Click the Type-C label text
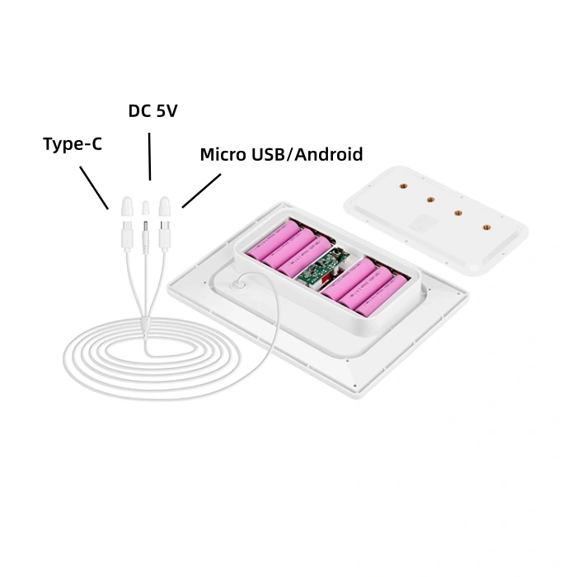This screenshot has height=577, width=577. coord(73,144)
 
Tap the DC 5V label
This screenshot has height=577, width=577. coord(152,110)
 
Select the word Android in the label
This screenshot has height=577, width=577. coord(329,154)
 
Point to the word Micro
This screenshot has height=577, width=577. coord(223,155)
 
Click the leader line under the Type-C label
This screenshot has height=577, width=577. coord(94,188)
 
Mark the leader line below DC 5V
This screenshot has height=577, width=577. coord(150,157)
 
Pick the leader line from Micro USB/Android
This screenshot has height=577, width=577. coord(201,190)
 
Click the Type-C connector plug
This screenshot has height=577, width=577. coord(127,236)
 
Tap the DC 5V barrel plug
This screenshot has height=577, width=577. coord(146,237)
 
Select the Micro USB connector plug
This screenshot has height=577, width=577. coord(165,236)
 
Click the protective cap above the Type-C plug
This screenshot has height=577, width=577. coord(127,206)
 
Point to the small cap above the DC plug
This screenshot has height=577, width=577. coord(146,208)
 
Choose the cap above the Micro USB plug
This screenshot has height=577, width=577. coord(164,206)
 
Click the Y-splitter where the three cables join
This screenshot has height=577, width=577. coord(145,326)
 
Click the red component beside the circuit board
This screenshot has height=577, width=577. coord(325,281)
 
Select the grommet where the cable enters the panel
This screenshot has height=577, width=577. coord(237,284)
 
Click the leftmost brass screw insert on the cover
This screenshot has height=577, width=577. coord(404,186)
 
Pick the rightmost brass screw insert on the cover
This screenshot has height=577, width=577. coord(486,228)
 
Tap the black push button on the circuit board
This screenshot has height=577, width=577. coord(335,254)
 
